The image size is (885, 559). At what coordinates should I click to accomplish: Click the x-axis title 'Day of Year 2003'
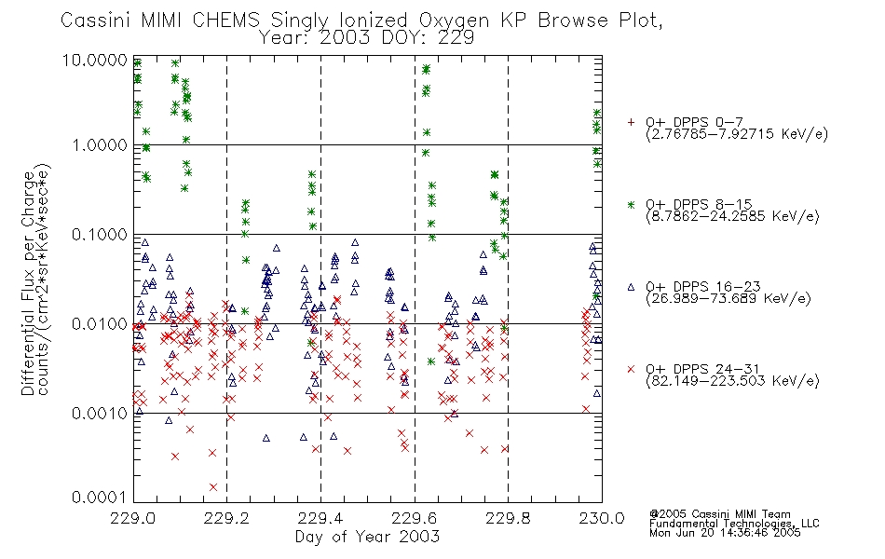pyautogui.click(x=367, y=538)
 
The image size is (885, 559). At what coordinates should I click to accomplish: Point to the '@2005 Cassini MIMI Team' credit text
pyautogui.click(x=720, y=513)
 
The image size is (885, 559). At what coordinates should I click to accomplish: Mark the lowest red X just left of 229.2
pyautogui.click(x=213, y=486)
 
